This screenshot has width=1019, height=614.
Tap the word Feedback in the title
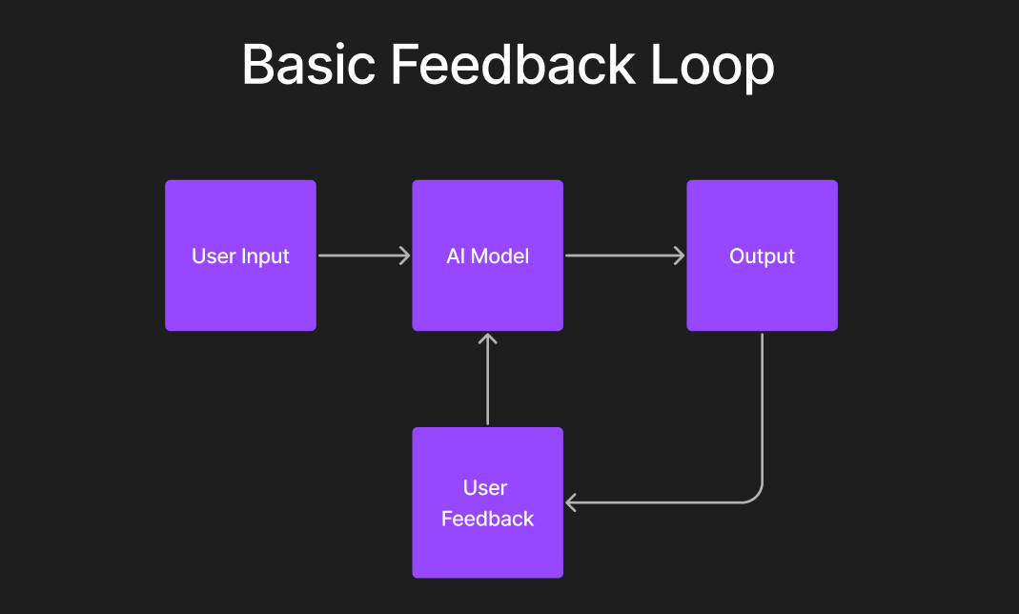(x=514, y=66)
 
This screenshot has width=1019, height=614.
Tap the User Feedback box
(x=487, y=553)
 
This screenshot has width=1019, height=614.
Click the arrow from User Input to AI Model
(x=362, y=256)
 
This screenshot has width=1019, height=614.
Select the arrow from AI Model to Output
(x=623, y=256)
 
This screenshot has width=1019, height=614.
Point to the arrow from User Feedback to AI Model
(x=487, y=381)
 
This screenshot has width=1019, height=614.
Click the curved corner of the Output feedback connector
(x=756, y=496)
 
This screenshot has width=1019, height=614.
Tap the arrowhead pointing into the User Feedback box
(x=572, y=502)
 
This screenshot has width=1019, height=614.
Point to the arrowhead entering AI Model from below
(x=487, y=338)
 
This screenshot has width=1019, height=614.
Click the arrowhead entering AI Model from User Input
(x=405, y=256)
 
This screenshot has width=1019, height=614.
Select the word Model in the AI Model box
(x=500, y=256)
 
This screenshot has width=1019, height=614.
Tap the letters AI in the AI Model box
(x=456, y=256)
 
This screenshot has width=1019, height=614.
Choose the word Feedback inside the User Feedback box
(x=487, y=519)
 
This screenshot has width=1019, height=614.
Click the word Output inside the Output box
(x=762, y=256)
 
